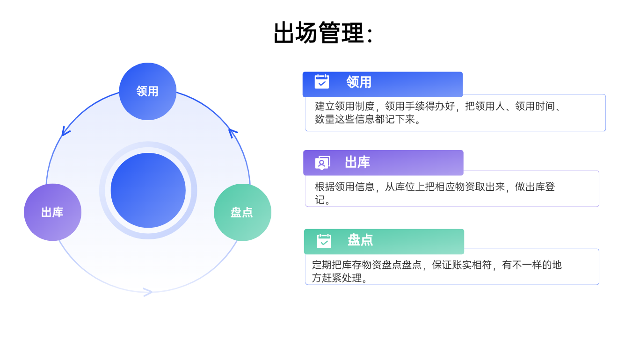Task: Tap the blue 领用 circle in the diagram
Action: [x=147, y=91]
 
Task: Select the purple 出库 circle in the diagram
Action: [x=52, y=212]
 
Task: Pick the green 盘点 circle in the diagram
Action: [x=242, y=212]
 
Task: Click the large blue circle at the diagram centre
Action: [x=148, y=190]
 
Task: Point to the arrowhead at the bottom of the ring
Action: [x=148, y=292]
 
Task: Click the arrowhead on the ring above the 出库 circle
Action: [x=65, y=132]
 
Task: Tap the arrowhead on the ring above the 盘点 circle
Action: [x=233, y=133]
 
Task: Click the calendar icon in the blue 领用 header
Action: [x=321, y=82]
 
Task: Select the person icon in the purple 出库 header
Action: [x=322, y=163]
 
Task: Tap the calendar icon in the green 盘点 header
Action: [x=324, y=241]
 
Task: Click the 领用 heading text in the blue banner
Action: [x=359, y=82]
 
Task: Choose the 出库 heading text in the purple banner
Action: [x=357, y=163]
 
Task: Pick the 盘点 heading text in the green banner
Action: [x=360, y=240]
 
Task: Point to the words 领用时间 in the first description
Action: [x=534, y=107]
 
